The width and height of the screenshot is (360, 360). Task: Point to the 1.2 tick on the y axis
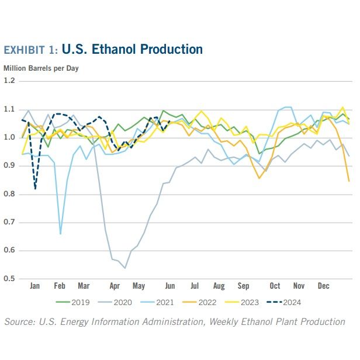pos(9,81)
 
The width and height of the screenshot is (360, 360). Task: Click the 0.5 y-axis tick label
pos(9,279)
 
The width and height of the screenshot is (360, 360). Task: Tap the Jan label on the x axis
pos(34,286)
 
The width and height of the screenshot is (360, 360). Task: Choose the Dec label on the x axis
pos(323,286)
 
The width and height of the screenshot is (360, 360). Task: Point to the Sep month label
pos(243,286)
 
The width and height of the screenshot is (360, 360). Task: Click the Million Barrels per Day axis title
pos(41,68)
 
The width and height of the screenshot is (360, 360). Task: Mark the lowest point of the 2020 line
pos(125,268)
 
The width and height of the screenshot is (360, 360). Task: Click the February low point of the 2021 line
pos(60,234)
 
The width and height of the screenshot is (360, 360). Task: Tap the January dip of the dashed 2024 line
pos(36,189)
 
